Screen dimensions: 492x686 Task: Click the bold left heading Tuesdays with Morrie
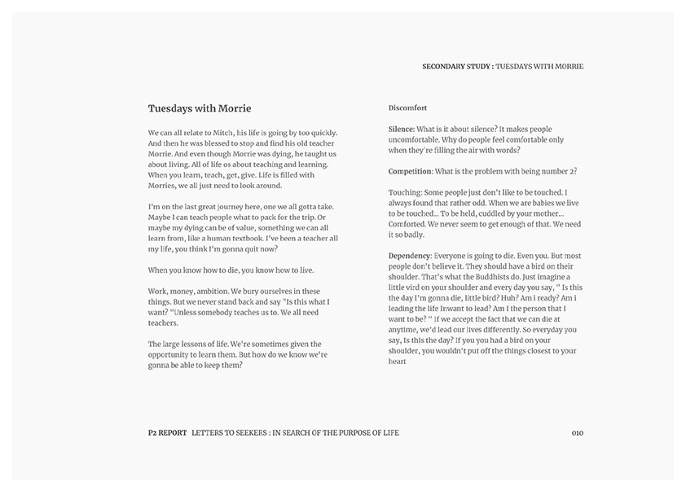point(200,108)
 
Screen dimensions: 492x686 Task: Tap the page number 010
point(578,433)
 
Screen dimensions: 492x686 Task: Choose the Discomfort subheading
point(408,108)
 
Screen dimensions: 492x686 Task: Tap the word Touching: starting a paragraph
point(407,192)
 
